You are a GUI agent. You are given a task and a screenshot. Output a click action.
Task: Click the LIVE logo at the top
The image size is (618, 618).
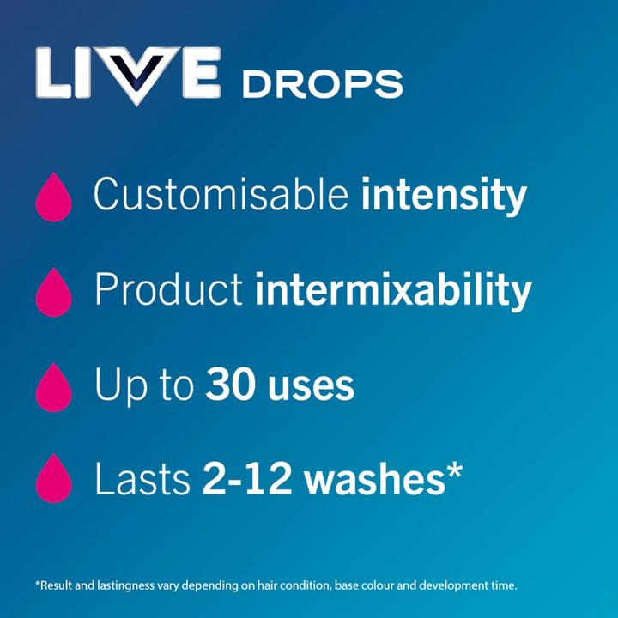click(x=129, y=76)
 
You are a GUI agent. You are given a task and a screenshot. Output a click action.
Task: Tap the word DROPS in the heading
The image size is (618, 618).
click(x=322, y=84)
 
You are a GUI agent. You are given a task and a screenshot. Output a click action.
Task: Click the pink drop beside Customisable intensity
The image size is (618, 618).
click(x=53, y=197)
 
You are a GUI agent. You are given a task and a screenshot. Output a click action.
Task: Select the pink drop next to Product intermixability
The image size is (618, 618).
click(x=53, y=293)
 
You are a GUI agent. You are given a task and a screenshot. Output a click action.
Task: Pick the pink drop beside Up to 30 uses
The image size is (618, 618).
click(x=53, y=387)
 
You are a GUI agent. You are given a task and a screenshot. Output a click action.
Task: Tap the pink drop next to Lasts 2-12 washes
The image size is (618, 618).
click(x=53, y=479)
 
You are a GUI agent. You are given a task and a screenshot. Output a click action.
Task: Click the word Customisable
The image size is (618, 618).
click(x=221, y=196)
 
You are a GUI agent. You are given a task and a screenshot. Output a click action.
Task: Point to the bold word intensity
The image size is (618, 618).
click(x=443, y=196)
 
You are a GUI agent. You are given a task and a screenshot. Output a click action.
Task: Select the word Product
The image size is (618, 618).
click(x=168, y=291)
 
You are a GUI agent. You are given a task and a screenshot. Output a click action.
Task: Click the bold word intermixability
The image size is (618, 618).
click(x=393, y=291)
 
